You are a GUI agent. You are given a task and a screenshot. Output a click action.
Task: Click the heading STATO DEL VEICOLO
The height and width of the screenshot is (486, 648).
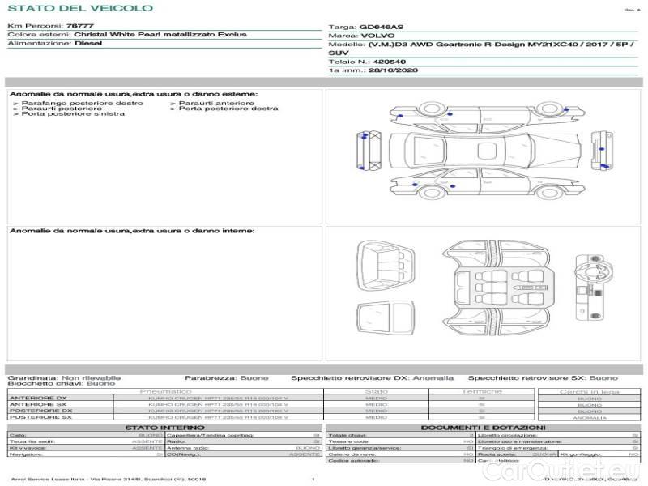coord(79,8)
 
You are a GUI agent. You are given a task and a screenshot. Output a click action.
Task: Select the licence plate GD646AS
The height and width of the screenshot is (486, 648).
coord(379,27)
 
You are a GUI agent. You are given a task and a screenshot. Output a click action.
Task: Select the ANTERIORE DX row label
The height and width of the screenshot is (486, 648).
coord(38,399)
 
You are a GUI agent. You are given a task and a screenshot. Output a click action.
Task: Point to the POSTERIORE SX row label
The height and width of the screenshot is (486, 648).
coord(40,417)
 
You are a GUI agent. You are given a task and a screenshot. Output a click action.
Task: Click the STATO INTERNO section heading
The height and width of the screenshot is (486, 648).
coord(164,427)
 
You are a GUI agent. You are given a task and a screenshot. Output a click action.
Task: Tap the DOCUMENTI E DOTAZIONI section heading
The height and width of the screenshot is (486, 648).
coord(483,427)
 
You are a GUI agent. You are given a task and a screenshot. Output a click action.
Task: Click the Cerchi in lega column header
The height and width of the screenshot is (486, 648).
coord(589,391)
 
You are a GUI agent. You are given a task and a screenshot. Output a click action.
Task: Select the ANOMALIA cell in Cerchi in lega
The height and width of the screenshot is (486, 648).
coord(589,418)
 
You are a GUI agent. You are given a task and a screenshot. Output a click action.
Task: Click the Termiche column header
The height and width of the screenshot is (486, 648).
coord(482,391)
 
